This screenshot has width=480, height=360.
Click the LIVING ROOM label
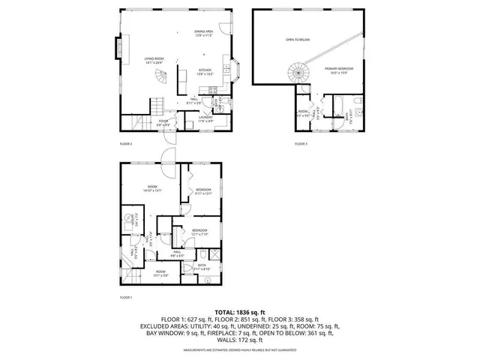click(x=155, y=60)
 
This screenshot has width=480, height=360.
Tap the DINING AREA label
click(x=203, y=34)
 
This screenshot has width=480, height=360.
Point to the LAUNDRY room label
click(x=204, y=118)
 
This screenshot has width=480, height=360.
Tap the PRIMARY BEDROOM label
click(x=339, y=70)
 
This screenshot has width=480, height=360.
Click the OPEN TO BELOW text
click(x=297, y=39)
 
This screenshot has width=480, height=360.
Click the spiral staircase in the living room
click(x=162, y=77)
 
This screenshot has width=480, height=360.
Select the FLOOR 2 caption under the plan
click(x=126, y=143)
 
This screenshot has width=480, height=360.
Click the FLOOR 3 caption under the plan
click(x=301, y=143)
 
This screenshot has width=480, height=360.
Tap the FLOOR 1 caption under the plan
click(x=126, y=298)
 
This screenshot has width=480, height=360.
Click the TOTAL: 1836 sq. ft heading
click(x=240, y=311)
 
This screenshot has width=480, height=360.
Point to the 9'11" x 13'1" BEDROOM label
click(x=204, y=192)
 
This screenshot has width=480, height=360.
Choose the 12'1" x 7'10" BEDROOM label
click(x=199, y=232)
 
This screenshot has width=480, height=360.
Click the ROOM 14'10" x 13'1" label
click(x=152, y=189)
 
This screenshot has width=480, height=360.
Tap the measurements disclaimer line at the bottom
click(x=240, y=349)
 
